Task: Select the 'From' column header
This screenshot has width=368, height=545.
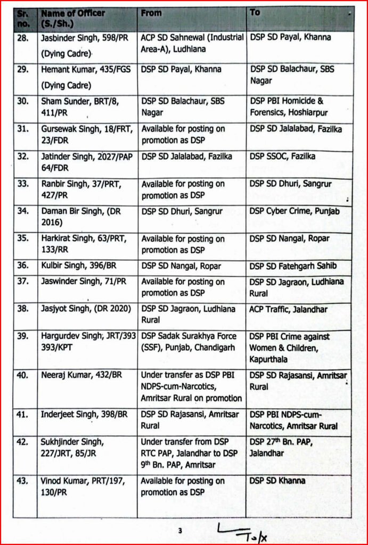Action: coord(151,13)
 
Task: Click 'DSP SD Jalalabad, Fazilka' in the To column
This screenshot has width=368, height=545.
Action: coord(297,129)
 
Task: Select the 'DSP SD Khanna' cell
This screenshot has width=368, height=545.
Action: coord(277,481)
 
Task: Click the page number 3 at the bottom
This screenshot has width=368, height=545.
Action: coord(181,531)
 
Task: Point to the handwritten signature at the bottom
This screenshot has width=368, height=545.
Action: coord(242,531)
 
